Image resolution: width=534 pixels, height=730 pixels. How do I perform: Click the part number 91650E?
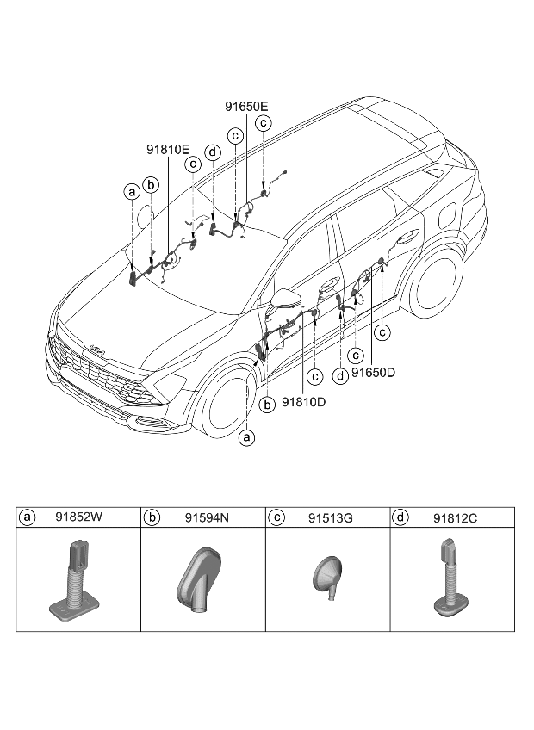pos(246,107)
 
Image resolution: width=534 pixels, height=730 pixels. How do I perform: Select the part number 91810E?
pos(168,150)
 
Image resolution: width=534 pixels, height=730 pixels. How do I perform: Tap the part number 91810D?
pos(303,402)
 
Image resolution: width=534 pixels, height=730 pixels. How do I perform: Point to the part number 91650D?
pos(373,373)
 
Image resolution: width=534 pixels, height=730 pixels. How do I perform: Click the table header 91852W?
pos(78,517)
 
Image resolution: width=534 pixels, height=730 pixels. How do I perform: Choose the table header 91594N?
pos(207,517)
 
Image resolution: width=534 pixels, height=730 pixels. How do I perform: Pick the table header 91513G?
pos(331,517)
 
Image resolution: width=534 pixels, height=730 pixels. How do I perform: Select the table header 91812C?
pos(456,517)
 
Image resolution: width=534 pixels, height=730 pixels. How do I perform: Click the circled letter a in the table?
pos(27,517)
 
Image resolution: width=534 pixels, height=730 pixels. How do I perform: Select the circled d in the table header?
pos(400,517)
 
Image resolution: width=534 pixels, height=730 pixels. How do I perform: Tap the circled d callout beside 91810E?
pos(213,152)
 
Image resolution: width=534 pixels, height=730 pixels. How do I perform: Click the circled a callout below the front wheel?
pos(246,437)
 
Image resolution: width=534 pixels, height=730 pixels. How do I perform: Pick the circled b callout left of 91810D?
pos(267,405)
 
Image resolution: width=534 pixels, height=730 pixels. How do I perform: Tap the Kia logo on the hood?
pos(96,350)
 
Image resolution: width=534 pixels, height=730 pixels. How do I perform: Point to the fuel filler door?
pos(448,215)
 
